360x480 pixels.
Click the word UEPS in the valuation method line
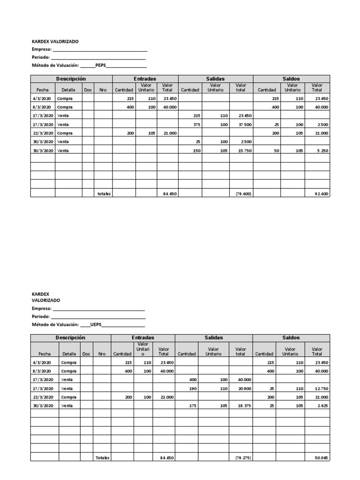tap(95, 324)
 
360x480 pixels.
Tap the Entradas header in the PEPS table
tap(145, 79)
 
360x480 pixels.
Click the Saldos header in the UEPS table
tap(291, 337)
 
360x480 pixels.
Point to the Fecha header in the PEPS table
tap(43, 90)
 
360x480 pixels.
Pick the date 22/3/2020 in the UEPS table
tap(45, 397)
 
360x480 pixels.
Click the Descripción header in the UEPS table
tap(70, 337)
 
